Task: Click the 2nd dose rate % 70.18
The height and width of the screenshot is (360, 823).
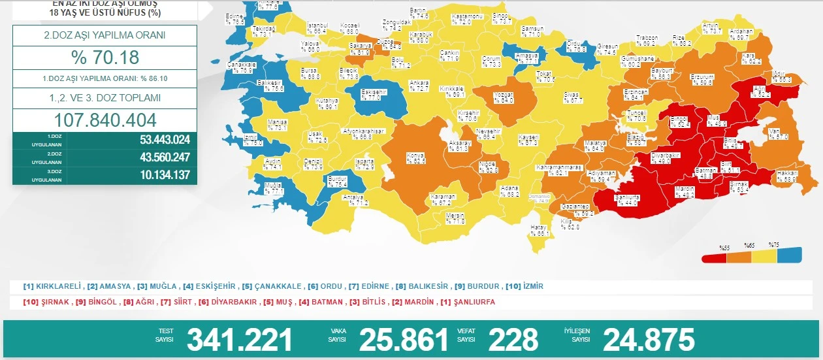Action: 105,57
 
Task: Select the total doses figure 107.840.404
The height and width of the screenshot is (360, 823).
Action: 105,120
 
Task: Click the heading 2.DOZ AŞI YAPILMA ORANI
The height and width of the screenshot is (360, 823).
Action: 105,36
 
